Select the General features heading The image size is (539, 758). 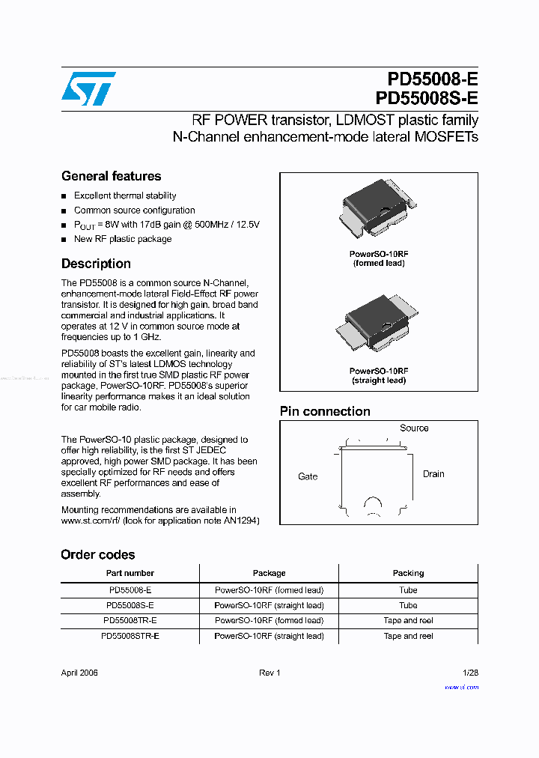111,176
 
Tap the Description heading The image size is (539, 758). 96,264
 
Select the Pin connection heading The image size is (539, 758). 325,411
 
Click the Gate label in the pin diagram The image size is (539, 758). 308,476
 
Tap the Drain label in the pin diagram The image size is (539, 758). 433,474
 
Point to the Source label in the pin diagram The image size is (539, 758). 414,428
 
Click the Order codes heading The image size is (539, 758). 98,555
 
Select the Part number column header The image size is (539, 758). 130,573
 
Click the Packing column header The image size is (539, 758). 408,573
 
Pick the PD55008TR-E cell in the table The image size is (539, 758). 130,620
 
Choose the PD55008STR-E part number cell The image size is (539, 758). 130,636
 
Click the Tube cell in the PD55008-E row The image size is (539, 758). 408,590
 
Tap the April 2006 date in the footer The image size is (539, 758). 79,673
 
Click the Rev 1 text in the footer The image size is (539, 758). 269,673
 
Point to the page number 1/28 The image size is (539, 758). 470,673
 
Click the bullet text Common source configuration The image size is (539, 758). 134,210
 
